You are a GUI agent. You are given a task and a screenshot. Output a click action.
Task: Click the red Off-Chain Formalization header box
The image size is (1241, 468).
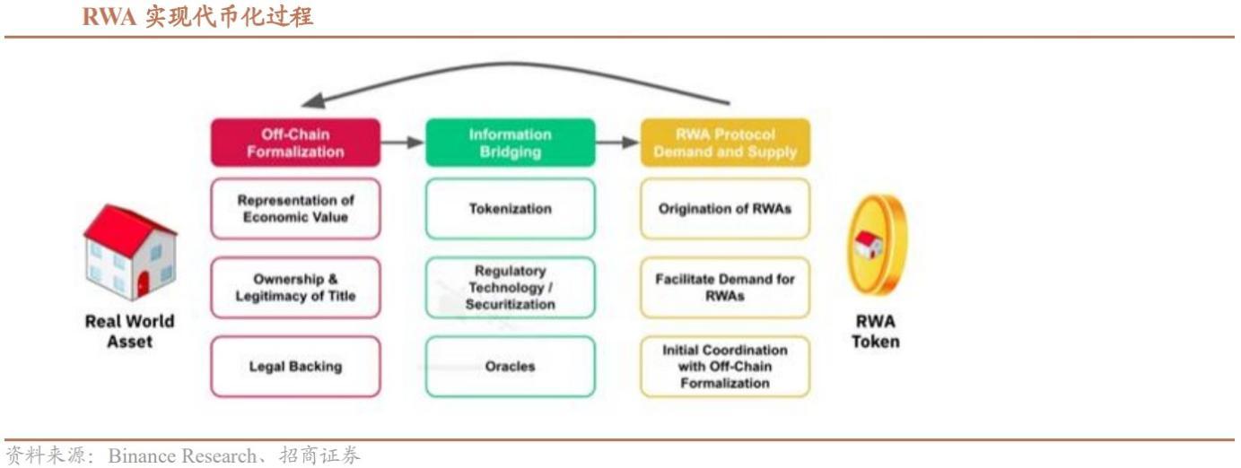click(295, 143)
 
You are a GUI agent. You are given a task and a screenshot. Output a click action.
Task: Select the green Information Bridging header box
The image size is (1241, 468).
click(511, 143)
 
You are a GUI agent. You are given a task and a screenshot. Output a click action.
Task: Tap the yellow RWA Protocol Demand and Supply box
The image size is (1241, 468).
click(725, 143)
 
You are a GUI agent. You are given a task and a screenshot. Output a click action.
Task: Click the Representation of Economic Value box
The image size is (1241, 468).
click(295, 209)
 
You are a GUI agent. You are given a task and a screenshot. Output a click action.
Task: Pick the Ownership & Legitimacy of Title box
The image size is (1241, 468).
click(295, 288)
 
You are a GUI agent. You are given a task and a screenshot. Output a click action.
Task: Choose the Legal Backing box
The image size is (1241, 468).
click(295, 366)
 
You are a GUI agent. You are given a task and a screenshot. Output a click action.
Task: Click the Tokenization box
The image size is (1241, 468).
click(511, 209)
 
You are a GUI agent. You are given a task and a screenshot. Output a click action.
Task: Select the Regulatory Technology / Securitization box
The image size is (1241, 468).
click(511, 288)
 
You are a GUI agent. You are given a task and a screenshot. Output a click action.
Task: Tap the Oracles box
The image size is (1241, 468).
click(511, 366)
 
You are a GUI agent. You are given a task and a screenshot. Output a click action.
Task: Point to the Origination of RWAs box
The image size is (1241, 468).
click(725, 209)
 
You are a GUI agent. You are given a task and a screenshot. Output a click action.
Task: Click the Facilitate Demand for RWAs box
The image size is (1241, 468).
click(725, 288)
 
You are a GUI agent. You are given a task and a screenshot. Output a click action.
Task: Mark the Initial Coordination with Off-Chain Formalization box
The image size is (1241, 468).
click(725, 366)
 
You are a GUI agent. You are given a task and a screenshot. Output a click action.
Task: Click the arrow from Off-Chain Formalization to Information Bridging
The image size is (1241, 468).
click(402, 143)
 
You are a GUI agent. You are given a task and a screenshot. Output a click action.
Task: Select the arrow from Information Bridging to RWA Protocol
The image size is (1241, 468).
click(617, 143)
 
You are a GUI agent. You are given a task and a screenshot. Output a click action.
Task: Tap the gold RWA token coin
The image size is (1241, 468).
click(877, 245)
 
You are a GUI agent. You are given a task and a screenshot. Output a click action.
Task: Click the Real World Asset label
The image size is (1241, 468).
click(129, 331)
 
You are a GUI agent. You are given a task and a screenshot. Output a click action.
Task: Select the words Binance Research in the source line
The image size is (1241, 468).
click(182, 455)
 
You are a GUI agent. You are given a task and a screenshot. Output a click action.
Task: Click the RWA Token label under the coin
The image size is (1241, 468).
click(876, 331)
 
